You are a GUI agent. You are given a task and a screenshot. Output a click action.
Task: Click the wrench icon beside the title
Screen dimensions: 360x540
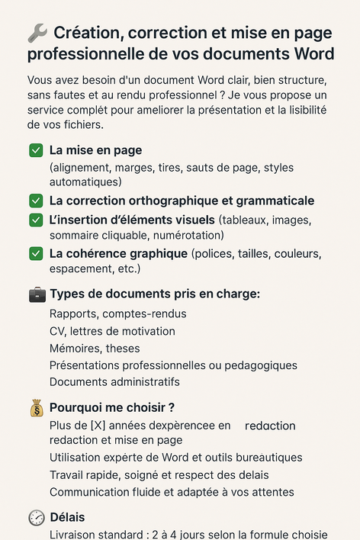coord(37,33)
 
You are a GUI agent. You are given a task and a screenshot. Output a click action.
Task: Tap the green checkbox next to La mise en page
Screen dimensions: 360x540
coord(36,150)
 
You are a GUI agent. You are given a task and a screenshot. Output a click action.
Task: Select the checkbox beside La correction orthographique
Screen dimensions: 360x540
coord(36,201)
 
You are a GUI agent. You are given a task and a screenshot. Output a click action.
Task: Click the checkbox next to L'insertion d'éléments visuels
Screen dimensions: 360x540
coord(36,220)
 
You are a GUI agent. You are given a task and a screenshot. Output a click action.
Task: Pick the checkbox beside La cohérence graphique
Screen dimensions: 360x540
coord(36,253)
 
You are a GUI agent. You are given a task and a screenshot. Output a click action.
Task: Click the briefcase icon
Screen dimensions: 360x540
coord(37,294)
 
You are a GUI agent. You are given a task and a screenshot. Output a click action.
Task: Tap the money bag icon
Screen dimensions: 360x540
coord(37,408)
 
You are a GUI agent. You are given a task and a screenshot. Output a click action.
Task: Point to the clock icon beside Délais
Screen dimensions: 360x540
coord(37,517)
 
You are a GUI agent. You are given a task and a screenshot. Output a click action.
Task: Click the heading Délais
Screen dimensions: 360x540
coord(67,517)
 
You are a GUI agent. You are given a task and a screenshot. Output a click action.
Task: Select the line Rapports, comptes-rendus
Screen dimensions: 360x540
coord(117,313)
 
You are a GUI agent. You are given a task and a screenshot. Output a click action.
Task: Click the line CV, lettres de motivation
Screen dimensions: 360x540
coord(112,331)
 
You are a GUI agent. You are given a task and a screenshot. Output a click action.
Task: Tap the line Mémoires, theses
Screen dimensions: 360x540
coord(95,348)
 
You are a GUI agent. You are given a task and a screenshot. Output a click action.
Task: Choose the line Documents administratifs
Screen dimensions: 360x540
coord(114,381)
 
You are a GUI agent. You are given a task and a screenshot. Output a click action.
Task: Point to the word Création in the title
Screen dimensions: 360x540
coord(88,33)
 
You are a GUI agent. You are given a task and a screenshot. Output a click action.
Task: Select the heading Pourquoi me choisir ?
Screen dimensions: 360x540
coord(112,408)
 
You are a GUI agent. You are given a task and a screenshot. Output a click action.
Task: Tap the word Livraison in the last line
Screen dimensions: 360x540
coord(75,534)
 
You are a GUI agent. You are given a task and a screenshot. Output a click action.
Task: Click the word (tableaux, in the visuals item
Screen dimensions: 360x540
coord(245,220)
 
